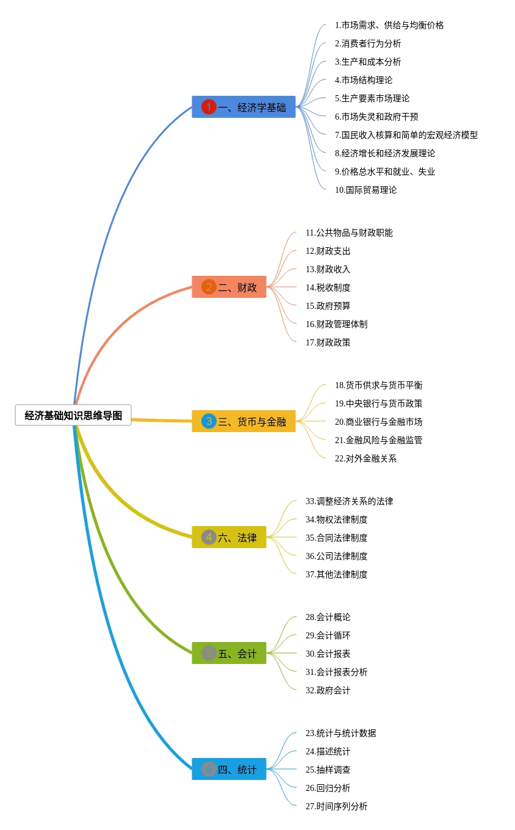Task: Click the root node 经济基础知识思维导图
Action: [x=73, y=415]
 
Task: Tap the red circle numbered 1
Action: [x=209, y=107]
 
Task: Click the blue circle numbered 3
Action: [x=209, y=421]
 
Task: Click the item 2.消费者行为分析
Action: [x=368, y=43]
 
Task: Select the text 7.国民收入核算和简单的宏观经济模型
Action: [x=406, y=135]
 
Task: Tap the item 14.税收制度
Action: [x=328, y=287]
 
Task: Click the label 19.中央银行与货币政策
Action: [x=378, y=403]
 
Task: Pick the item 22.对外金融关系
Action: [x=366, y=458]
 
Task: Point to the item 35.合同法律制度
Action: [x=337, y=538]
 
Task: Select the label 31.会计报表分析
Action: [x=337, y=672]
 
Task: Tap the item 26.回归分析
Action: [x=328, y=788]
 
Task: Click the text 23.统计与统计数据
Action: [x=341, y=733]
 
